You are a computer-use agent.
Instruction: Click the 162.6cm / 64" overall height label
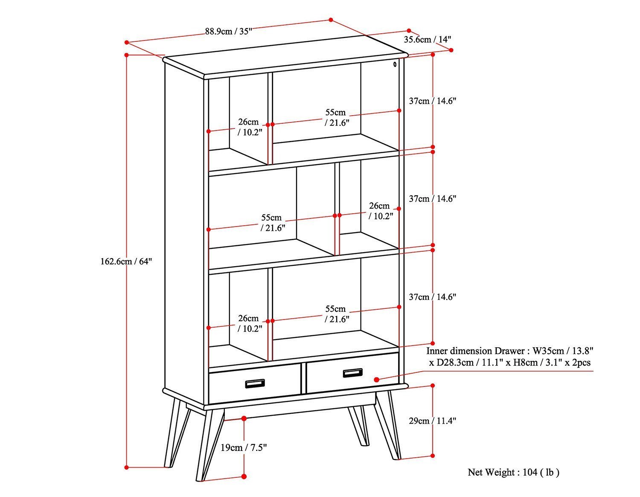(x=126, y=262)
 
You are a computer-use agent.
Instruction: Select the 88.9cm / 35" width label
(x=229, y=31)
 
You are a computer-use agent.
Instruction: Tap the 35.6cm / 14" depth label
(x=428, y=40)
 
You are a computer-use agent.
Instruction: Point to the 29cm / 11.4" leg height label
(x=432, y=421)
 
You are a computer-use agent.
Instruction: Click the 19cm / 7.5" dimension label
(x=244, y=448)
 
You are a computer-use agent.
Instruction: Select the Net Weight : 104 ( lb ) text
(x=513, y=472)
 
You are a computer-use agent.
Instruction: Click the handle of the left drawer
(x=255, y=384)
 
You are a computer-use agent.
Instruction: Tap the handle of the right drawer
(x=352, y=373)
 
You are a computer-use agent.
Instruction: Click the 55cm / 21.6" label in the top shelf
(x=337, y=117)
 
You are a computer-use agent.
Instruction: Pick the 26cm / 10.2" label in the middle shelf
(x=380, y=211)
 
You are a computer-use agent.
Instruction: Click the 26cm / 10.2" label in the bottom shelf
(x=249, y=323)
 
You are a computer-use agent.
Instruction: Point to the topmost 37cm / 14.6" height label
(x=432, y=101)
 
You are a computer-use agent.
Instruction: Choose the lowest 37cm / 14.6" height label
(x=432, y=297)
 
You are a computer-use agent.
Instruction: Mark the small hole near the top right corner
(x=395, y=64)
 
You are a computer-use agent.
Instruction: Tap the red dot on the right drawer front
(x=376, y=379)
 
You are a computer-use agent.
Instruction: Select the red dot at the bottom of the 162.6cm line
(x=127, y=468)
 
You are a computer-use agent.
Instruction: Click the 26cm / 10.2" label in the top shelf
(x=249, y=127)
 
